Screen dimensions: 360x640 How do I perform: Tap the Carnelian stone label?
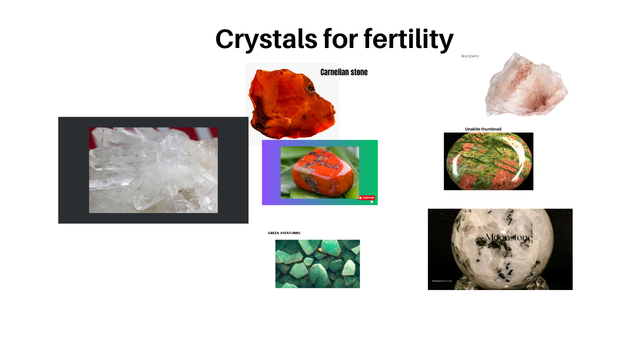click(x=344, y=72)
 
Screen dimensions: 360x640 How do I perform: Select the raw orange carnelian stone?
click(x=290, y=105)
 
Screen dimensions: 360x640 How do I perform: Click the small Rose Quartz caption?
click(x=470, y=56)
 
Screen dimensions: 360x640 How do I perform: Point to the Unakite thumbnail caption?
click(x=483, y=129)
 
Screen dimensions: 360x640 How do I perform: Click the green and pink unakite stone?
click(x=488, y=161)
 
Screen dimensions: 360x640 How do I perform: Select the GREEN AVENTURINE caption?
click(x=284, y=233)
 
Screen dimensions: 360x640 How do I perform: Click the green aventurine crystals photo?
click(x=317, y=263)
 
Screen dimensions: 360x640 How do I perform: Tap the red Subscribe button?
click(x=366, y=198)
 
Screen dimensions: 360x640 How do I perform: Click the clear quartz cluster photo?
click(x=153, y=170)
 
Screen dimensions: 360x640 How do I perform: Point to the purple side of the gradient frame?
click(x=270, y=172)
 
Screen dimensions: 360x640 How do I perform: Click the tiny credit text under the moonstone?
click(x=442, y=281)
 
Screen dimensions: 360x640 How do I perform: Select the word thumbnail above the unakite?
click(x=490, y=129)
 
